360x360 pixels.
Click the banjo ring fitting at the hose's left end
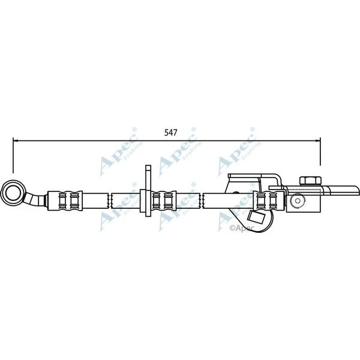(13, 193)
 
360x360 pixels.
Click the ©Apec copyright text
(243, 228)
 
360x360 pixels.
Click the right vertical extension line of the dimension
(320, 153)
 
